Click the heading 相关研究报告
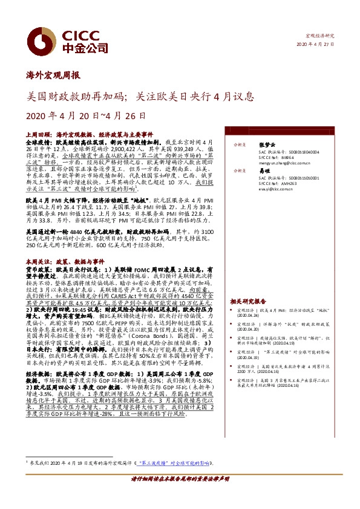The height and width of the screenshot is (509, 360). point(247,300)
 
